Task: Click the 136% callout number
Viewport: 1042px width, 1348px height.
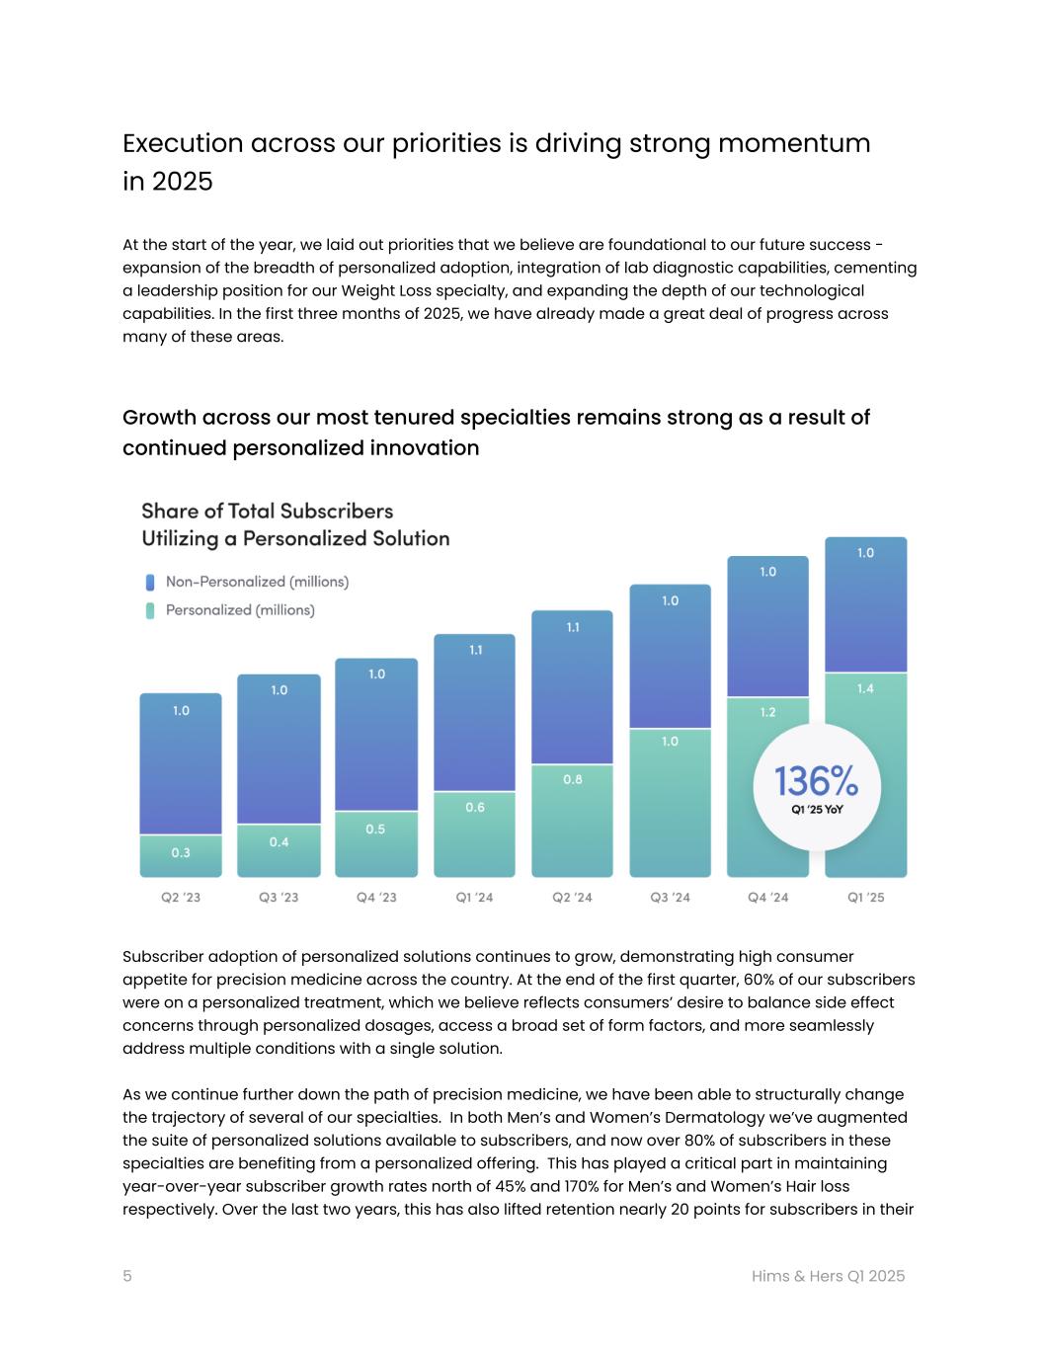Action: [x=816, y=781]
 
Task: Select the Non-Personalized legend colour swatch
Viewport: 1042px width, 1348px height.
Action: [x=150, y=583]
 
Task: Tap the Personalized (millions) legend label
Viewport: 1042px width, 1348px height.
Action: [x=240, y=610]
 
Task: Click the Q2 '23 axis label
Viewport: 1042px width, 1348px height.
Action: [x=181, y=898]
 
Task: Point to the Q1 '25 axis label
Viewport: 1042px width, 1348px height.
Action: [x=865, y=898]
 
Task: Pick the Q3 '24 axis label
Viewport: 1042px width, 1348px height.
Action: [x=670, y=898]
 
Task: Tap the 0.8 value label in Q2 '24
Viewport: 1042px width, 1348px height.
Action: [x=572, y=779]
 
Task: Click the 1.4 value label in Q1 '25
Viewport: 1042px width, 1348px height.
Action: [x=865, y=688]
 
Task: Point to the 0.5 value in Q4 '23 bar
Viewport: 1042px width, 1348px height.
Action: [x=375, y=829]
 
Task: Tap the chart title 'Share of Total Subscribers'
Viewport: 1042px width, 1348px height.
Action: [x=267, y=511]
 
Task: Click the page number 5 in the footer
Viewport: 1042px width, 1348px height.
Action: [x=127, y=1276]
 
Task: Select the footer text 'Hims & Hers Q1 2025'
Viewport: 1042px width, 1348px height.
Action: [x=828, y=1276]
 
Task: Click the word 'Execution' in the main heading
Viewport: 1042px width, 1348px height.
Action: [x=183, y=143]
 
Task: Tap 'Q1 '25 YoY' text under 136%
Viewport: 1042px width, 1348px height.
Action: [x=816, y=810]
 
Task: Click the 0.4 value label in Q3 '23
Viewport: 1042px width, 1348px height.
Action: [x=279, y=841]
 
